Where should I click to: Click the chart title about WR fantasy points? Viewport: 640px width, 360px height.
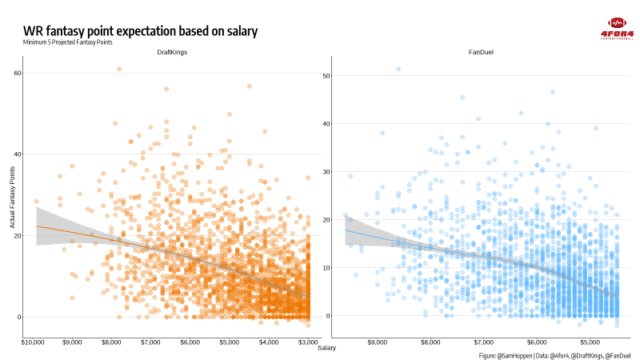click(141, 31)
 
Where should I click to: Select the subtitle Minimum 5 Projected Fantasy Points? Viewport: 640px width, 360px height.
click(68, 42)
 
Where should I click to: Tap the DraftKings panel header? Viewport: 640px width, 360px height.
click(171, 52)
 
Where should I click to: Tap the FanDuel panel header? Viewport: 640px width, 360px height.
click(480, 52)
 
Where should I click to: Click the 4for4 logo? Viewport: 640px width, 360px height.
click(617, 28)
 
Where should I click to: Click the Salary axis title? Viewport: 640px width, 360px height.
click(326, 348)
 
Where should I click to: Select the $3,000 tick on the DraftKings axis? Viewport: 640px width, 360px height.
click(307, 342)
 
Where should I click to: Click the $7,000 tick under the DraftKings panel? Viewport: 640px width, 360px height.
click(152, 342)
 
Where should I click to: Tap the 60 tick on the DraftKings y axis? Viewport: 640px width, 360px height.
click(17, 73)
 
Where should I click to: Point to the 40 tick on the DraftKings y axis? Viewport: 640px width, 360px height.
click(17, 154)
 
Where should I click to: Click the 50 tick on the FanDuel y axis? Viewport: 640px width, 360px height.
click(326, 76)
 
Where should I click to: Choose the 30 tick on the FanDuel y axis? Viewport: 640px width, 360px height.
click(326, 172)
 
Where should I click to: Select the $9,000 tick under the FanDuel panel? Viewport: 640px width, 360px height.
click(378, 342)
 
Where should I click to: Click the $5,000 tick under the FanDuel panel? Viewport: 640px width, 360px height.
click(590, 342)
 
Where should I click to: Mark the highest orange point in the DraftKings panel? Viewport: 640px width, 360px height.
click(119, 70)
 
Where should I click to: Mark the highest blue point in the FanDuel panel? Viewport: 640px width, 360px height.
click(398, 70)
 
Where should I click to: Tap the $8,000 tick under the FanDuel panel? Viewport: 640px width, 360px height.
click(430, 342)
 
